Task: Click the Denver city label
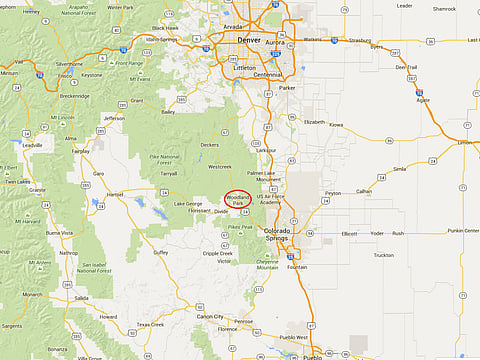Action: [248, 40]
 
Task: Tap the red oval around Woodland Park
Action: [238, 200]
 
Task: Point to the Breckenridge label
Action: [74, 96]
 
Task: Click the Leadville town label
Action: [33, 145]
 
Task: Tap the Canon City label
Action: [210, 316]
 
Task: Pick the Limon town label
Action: [465, 143]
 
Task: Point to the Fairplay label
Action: [81, 151]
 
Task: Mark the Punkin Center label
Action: [463, 230]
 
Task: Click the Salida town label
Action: [80, 298]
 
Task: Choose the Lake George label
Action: [187, 204]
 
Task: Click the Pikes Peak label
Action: [240, 228]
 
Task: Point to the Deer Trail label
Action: [406, 67]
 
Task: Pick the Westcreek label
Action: [219, 166]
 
